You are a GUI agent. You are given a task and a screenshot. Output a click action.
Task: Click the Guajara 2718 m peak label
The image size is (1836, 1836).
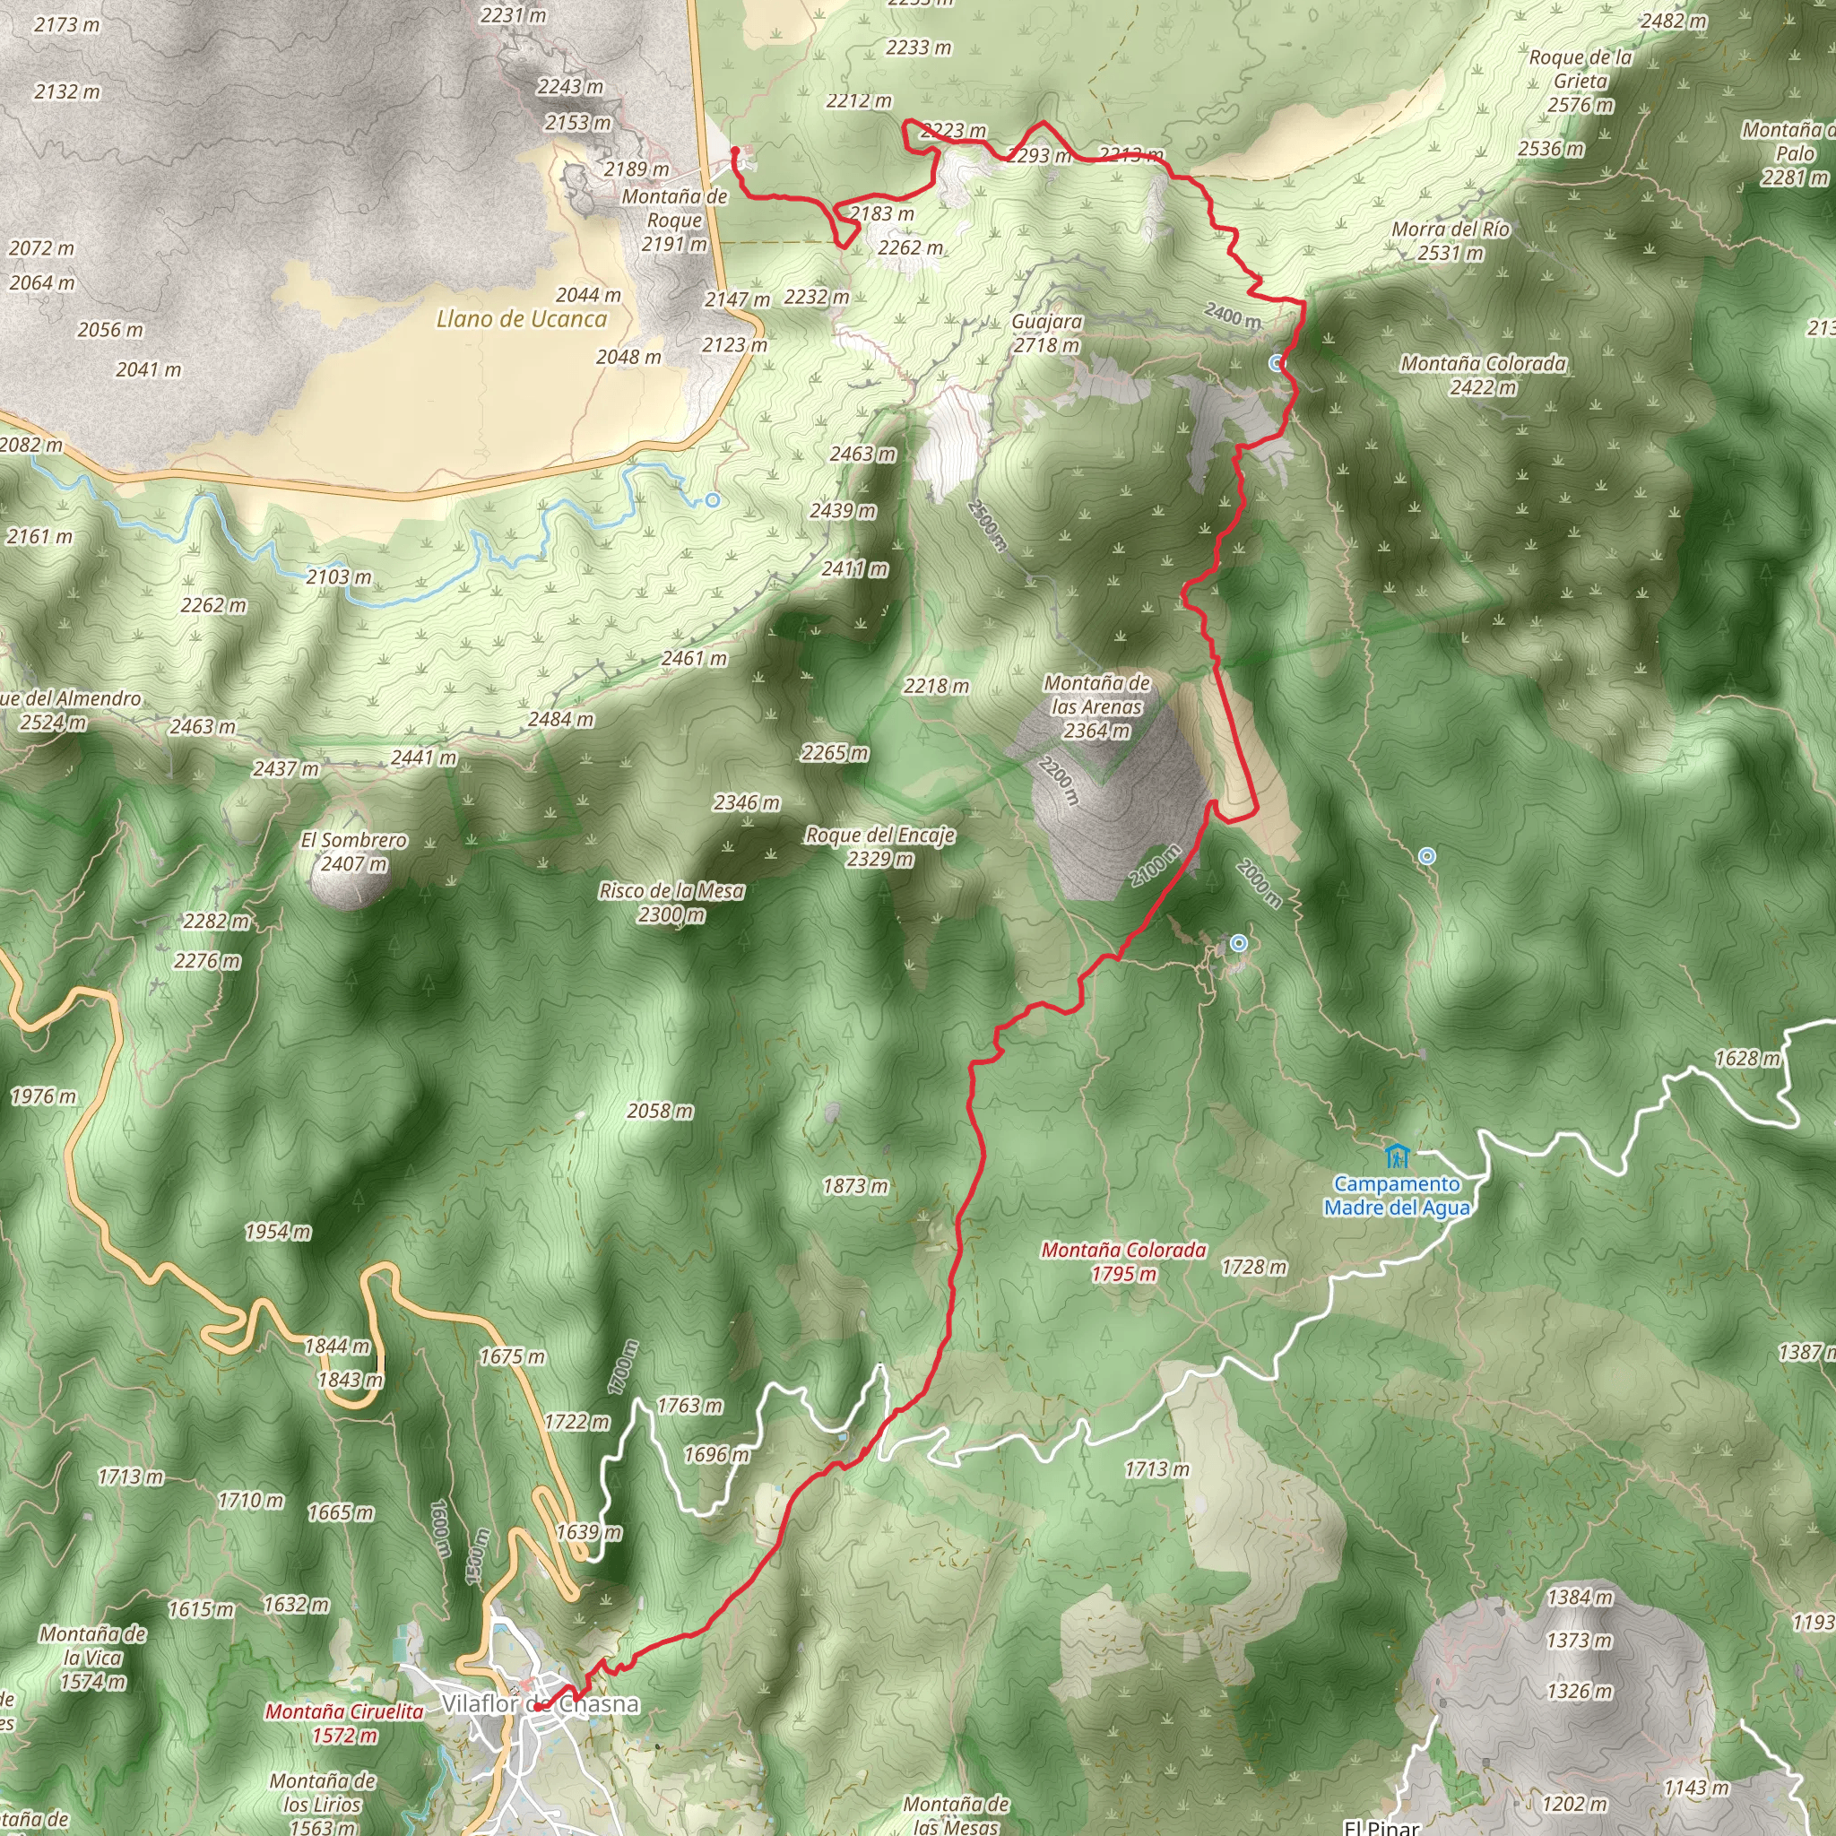[x=1046, y=333]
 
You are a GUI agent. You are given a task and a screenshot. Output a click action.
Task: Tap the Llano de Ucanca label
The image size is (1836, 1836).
[x=521, y=319]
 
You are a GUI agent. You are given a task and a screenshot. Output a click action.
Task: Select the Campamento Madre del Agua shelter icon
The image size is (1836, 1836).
[x=1396, y=1156]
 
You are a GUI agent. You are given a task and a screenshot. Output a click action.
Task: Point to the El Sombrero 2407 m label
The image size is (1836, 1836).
[x=353, y=852]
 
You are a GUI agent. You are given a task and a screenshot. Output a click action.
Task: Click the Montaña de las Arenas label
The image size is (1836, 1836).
[x=1096, y=706]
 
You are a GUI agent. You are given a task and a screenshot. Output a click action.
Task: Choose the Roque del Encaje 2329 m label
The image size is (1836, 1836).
[x=880, y=846]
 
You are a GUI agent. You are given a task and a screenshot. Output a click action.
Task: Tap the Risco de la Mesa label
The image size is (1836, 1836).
[x=671, y=902]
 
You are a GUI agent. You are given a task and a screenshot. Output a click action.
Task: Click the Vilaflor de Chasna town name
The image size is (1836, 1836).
[x=540, y=1704]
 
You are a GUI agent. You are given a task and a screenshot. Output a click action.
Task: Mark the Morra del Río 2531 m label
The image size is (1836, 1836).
[x=1451, y=240]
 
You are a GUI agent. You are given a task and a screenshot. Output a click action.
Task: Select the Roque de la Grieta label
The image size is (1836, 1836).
[x=1581, y=81]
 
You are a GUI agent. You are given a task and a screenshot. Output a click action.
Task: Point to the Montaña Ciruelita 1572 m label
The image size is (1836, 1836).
[x=344, y=1723]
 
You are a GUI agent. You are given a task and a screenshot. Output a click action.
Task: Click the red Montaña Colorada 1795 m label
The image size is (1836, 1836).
[x=1123, y=1261]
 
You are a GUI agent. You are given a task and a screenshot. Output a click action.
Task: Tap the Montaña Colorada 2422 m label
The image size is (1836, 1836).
[x=1483, y=375]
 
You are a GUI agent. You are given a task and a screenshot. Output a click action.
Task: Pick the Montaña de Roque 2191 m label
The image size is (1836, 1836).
[x=674, y=220]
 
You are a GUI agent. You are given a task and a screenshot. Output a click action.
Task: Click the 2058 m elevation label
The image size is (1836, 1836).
[x=661, y=1111]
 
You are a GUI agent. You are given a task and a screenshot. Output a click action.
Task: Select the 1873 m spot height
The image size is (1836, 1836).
[x=855, y=1186]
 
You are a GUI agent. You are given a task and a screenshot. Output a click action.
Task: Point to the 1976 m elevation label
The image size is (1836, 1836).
[x=43, y=1096]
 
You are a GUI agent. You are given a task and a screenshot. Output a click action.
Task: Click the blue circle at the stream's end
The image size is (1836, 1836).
[x=713, y=500]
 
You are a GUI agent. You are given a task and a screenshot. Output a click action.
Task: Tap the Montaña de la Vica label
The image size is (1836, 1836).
[x=93, y=1658]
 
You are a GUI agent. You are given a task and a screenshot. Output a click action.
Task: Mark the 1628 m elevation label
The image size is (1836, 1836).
[x=1746, y=1058]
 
